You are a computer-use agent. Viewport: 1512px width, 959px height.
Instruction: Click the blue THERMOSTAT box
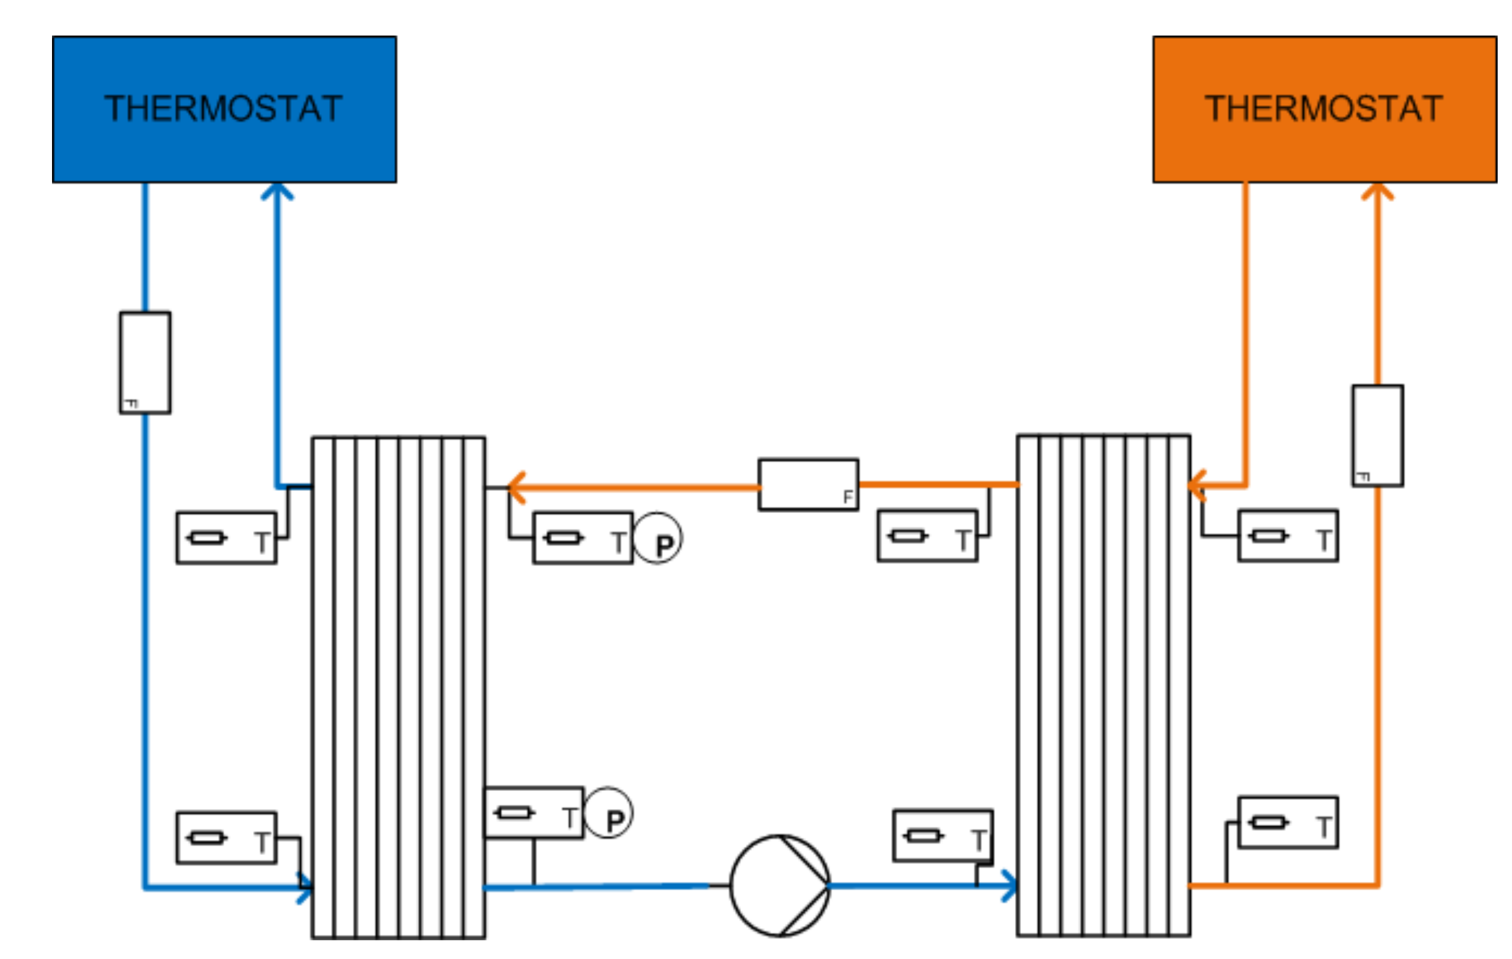click(224, 109)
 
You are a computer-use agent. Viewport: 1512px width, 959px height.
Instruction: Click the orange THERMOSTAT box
click(1324, 109)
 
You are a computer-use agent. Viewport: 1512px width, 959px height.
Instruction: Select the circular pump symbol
click(779, 885)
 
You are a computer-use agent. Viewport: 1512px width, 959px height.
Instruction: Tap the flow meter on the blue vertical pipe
click(145, 363)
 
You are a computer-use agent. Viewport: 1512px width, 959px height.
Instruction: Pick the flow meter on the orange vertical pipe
click(1377, 436)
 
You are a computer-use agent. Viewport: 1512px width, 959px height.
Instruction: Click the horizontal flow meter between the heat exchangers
click(808, 484)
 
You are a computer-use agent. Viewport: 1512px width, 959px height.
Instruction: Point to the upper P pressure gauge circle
click(657, 539)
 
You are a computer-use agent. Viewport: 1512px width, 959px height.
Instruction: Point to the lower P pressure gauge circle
click(608, 813)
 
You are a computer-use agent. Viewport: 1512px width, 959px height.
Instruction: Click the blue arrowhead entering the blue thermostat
click(277, 191)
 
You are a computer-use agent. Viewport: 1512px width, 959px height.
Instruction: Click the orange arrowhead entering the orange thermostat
click(1377, 191)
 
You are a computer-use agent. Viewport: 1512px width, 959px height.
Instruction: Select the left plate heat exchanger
click(398, 687)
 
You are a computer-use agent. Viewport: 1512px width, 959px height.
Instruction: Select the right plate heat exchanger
click(1103, 685)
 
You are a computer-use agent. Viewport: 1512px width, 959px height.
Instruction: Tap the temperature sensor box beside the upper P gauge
click(583, 539)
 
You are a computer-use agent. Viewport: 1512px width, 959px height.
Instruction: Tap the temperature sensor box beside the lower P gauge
click(534, 813)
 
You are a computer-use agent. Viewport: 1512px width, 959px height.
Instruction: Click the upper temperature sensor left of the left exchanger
click(226, 539)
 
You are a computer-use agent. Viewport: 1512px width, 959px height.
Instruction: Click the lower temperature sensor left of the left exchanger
click(226, 838)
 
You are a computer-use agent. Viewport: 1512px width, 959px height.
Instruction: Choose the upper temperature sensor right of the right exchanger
click(1288, 536)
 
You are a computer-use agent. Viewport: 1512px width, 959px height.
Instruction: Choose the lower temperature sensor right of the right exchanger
click(1288, 823)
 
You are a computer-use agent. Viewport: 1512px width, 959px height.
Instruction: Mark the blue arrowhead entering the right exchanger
click(1009, 885)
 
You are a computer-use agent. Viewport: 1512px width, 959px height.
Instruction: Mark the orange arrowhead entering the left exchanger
click(517, 488)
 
